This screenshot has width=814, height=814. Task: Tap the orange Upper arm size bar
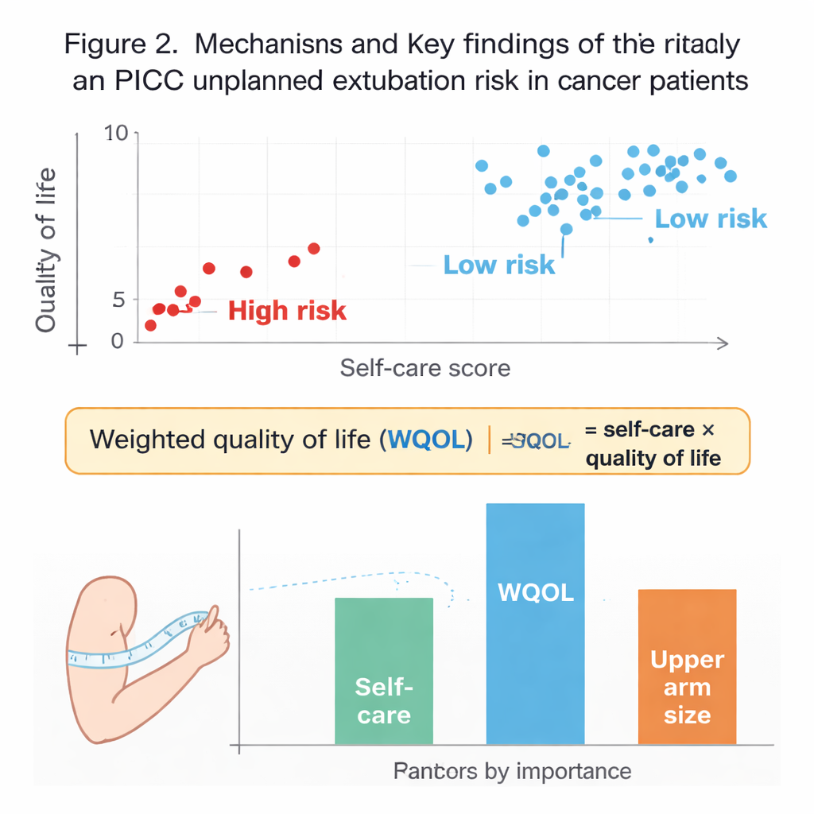tap(687, 666)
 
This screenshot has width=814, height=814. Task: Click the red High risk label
tap(287, 310)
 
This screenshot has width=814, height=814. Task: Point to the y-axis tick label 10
tap(116, 134)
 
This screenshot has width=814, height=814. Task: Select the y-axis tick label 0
tap(118, 341)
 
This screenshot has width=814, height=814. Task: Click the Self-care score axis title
tap(424, 368)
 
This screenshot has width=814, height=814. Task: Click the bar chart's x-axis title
tap(512, 770)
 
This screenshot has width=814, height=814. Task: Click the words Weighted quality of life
tap(231, 440)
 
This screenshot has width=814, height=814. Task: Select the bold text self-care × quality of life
tap(652, 444)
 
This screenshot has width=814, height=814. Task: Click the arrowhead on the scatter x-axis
tap(723, 343)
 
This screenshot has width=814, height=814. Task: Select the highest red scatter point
tap(313, 249)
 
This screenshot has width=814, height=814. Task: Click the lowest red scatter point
tap(150, 325)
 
